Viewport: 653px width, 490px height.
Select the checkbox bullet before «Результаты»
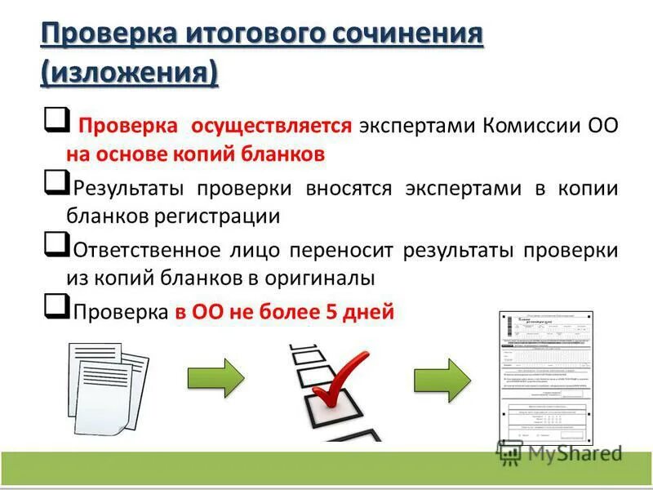[55, 182]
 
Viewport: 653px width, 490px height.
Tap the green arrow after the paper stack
[215, 377]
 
